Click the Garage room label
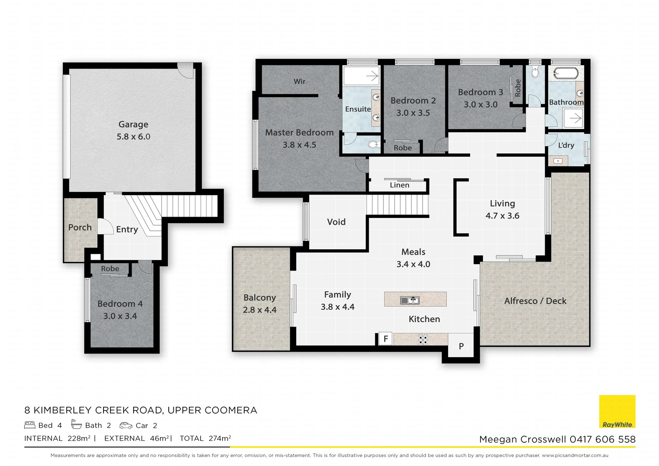pos(133,124)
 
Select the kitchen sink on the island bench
pos(409,300)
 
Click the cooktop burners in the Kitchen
pos(423,339)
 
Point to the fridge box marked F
pos(386,339)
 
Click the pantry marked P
pos(461,346)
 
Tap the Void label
pos(336,222)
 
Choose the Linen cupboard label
pos(399,185)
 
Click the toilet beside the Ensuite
pos(373,145)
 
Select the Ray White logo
pos(617,412)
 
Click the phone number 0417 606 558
pos(603,439)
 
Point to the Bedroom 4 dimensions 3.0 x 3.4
pos(120,316)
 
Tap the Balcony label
pos(259,298)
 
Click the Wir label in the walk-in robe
pos(299,81)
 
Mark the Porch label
pos(80,227)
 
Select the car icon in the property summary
pos(126,425)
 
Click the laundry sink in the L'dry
pos(558,161)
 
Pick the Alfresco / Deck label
pos(535,301)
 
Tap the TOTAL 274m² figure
pos(205,438)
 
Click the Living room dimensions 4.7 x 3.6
pos(502,216)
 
